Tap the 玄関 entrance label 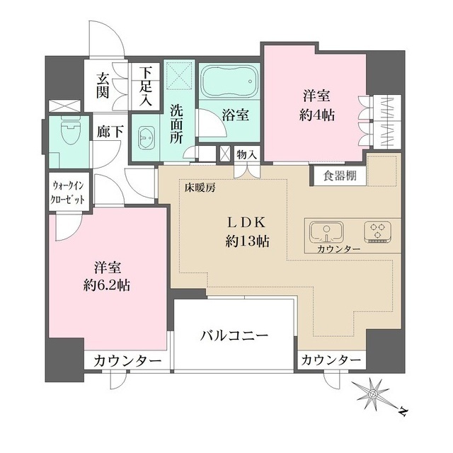click(x=103, y=84)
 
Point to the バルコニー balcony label click(x=233, y=335)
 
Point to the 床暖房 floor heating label click(x=200, y=188)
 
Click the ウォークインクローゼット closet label click(x=69, y=193)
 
